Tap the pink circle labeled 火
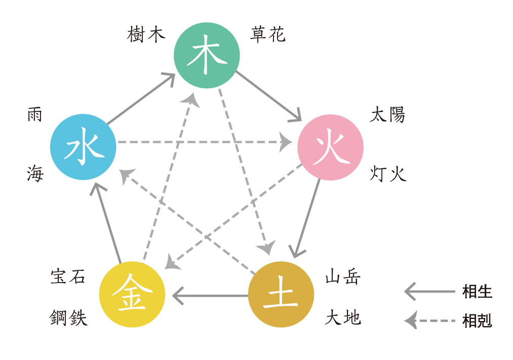(x=330, y=147)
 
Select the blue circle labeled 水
(x=84, y=147)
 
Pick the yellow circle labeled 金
(x=132, y=294)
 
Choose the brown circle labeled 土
(x=281, y=294)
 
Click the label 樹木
(x=146, y=35)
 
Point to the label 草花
(x=268, y=34)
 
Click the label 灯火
(x=388, y=174)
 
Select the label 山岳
(x=343, y=278)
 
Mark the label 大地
(x=343, y=318)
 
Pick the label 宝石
(x=68, y=277)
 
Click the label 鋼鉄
(x=68, y=318)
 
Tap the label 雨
(x=35, y=115)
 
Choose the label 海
(x=35, y=174)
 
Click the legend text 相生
(x=477, y=292)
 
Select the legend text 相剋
(x=477, y=321)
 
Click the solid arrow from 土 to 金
(x=210, y=295)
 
